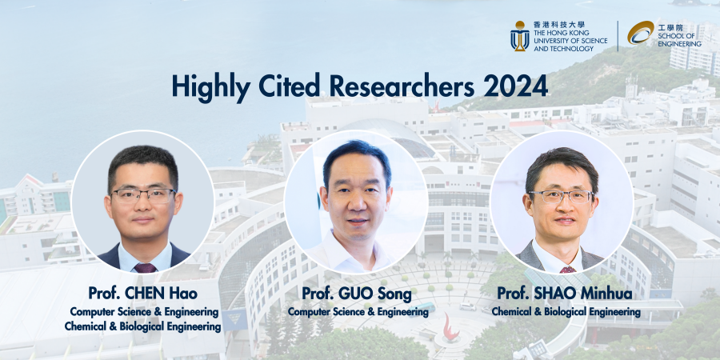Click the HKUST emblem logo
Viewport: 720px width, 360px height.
point(520,36)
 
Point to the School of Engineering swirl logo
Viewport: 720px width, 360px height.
point(641,33)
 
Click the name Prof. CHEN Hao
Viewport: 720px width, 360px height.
point(142,293)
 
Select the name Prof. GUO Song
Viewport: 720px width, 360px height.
point(356,294)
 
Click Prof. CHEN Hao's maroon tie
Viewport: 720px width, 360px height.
point(145,268)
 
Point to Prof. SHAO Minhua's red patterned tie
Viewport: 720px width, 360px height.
point(567,270)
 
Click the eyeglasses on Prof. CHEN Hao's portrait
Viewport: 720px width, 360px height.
point(143,196)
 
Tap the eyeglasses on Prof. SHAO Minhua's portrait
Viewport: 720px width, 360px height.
point(561,197)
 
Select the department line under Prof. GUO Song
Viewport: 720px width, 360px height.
point(358,312)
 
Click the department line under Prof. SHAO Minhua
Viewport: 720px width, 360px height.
point(566,312)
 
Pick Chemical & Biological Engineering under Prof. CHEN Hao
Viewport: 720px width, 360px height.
point(143,327)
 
